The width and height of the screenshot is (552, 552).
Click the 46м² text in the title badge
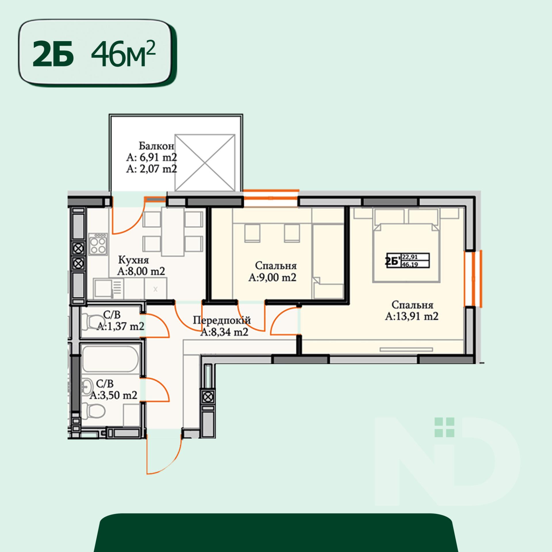tap(123, 53)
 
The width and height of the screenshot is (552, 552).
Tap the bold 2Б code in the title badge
tap(53, 54)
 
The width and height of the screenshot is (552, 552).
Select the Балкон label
tap(156, 146)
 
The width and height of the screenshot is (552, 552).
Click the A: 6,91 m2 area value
tap(152, 157)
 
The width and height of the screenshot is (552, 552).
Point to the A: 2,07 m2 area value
tap(152, 169)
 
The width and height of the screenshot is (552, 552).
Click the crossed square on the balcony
tap(205, 163)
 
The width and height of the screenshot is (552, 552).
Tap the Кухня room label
tap(134, 260)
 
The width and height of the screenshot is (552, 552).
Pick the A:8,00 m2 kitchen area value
tap(141, 271)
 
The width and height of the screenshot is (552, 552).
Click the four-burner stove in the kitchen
tap(98, 244)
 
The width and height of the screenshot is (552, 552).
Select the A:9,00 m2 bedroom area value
tap(272, 277)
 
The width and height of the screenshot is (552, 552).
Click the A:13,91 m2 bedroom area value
tap(412, 317)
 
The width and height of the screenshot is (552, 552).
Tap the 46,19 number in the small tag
tap(410, 264)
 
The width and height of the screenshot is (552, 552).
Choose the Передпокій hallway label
tap(222, 320)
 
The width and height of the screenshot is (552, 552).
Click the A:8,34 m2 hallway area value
tap(224, 332)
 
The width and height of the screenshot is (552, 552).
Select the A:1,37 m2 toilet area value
tap(120, 326)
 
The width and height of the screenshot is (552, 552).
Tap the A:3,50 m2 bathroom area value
tap(113, 395)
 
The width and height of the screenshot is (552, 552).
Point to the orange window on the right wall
tap(473, 279)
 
